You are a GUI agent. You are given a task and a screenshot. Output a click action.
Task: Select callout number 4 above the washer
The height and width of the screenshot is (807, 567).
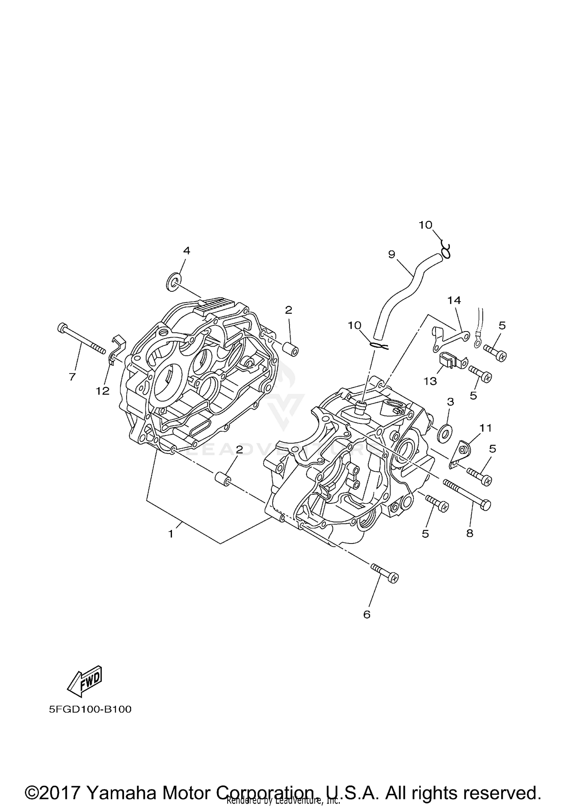(x=186, y=250)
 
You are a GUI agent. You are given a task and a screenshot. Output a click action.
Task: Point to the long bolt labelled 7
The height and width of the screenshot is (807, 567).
(x=81, y=339)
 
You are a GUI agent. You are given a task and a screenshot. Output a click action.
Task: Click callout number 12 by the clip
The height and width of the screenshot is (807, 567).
(x=102, y=391)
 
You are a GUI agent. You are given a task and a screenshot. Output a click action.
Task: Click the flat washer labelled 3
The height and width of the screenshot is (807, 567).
(x=445, y=432)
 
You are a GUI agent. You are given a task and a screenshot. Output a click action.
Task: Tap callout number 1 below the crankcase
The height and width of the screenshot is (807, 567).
(x=171, y=534)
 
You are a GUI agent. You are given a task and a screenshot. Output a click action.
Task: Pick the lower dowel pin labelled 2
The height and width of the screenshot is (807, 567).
(x=223, y=479)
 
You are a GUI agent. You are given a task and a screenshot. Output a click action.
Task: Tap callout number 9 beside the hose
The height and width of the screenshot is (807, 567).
(x=391, y=254)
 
